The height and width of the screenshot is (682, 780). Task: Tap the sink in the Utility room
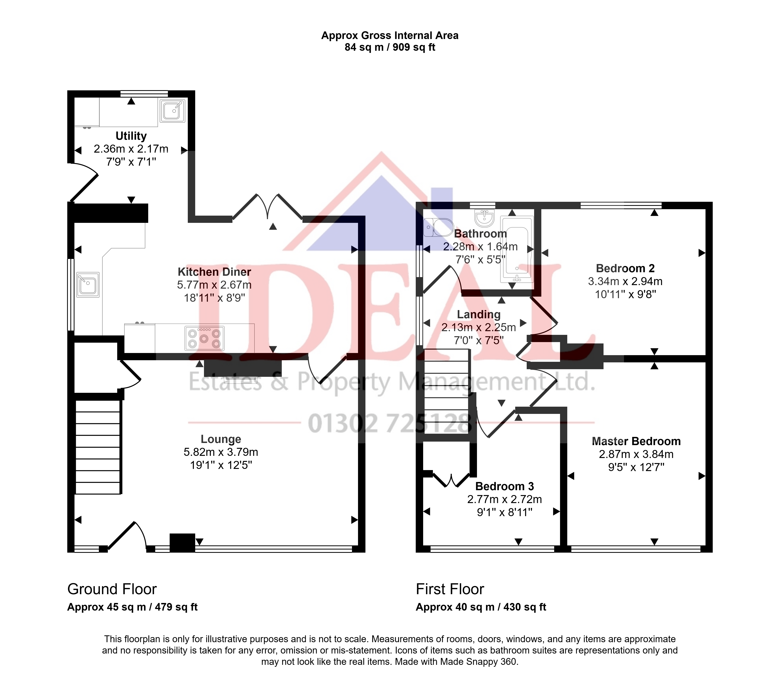point(173,111)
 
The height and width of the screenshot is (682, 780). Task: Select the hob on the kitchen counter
point(205,338)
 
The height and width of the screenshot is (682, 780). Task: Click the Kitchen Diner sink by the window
point(88,285)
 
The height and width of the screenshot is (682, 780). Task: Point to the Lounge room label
point(221,439)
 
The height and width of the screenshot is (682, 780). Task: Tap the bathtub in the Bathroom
point(517,249)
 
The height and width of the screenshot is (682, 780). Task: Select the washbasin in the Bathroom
point(484,218)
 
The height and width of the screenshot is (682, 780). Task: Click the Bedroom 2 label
point(625,268)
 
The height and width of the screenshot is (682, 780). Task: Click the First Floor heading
point(450,589)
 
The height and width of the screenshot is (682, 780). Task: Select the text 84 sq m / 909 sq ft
point(390,47)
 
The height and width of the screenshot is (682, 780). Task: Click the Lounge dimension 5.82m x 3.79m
point(221,452)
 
